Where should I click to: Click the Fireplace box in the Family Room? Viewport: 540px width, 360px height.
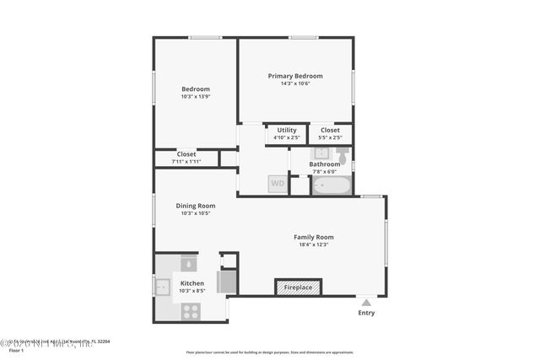[298, 287]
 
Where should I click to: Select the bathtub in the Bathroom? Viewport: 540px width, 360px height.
[332, 185]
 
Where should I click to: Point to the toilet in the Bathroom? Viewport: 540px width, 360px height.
[342, 155]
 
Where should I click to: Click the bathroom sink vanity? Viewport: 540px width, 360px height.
[321, 153]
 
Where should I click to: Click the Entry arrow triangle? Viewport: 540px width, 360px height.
[365, 300]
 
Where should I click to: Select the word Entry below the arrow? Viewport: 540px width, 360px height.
[365, 313]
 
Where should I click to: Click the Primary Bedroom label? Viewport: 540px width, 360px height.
[295, 76]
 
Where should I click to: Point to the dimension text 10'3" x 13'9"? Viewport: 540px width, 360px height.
[196, 96]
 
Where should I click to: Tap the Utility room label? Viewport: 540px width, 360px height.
[287, 130]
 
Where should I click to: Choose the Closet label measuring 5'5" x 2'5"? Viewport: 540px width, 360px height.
[330, 130]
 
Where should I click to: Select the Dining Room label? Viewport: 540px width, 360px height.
[195, 206]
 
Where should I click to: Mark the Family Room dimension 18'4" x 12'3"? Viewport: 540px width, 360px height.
[313, 244]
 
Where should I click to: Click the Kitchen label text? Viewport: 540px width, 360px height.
[192, 283]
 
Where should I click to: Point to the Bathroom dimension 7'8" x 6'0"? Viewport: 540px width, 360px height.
[324, 171]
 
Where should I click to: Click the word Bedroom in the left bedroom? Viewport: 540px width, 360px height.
[196, 89]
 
